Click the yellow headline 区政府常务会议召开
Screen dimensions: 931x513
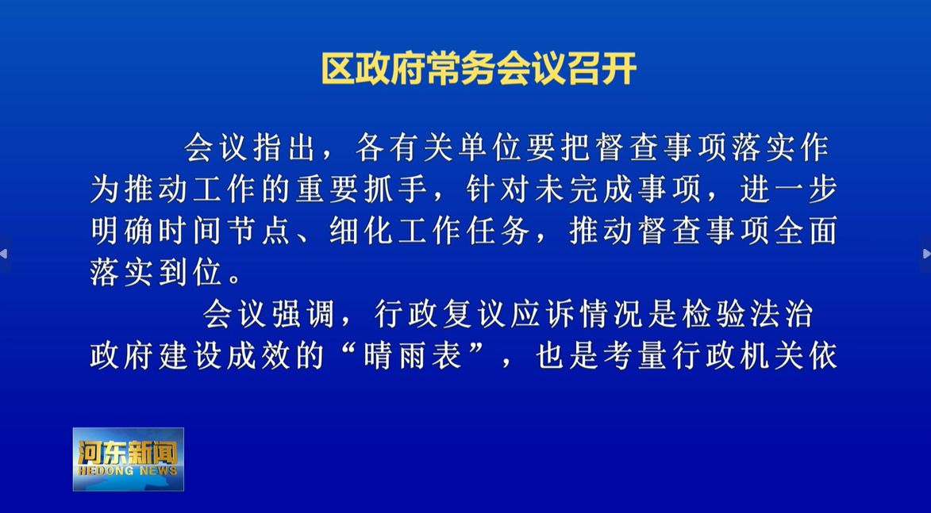[479, 69]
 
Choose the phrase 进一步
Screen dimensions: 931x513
[788, 190]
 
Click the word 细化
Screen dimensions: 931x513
[362, 231]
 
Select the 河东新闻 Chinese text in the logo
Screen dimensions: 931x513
[128, 453]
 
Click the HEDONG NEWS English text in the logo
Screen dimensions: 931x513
[128, 472]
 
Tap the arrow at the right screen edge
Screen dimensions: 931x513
[926, 254]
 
